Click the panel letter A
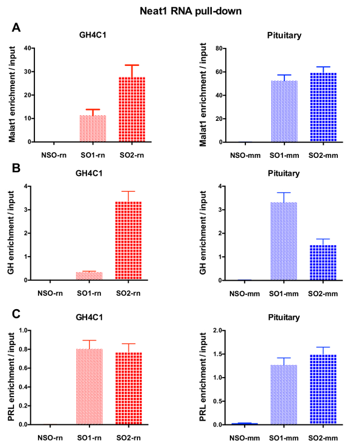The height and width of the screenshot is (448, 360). click(x=16, y=28)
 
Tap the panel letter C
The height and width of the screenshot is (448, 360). click(x=16, y=312)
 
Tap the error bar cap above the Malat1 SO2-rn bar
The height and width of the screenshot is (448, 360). click(x=132, y=65)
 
